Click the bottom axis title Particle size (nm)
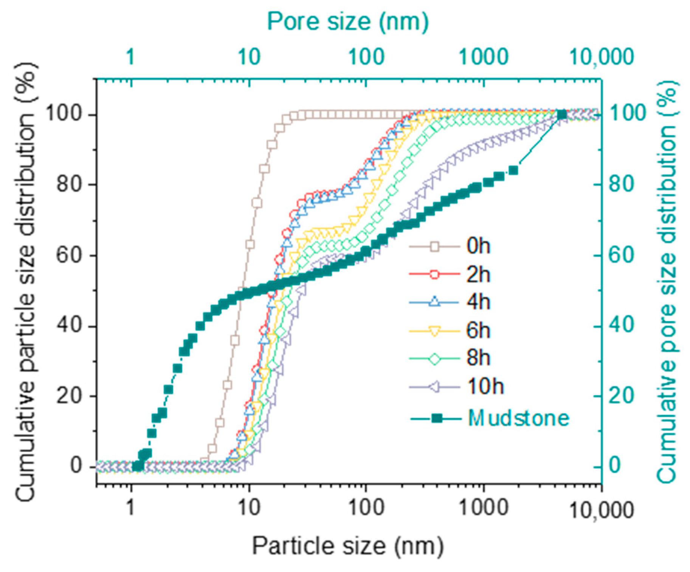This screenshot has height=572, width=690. coord(348,546)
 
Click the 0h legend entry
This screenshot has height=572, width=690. coord(479,247)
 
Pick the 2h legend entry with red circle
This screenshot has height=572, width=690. coord(479,275)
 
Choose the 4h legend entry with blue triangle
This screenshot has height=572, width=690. coord(479,303)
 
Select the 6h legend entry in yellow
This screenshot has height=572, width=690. coord(479,331)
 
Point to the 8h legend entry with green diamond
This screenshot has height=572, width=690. coord(479,358)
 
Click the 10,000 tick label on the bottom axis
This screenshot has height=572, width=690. coord(600,510)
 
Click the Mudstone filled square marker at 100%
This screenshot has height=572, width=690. coord(562,114)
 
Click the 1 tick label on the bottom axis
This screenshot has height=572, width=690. coord(130,510)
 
